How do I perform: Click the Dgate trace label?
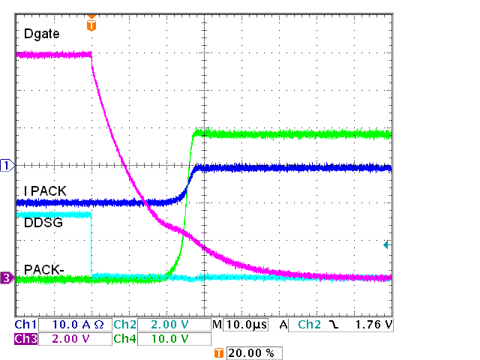(42, 34)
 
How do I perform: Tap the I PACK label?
(45, 191)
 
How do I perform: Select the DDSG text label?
(42, 223)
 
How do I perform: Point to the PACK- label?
(43, 268)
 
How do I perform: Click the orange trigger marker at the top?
(91, 25)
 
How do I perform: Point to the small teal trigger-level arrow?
(387, 244)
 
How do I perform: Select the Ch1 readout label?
(26, 325)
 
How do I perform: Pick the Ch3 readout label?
(26, 339)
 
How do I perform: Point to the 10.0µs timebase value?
(244, 325)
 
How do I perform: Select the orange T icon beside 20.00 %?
(219, 352)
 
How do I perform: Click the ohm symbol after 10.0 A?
(98, 325)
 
